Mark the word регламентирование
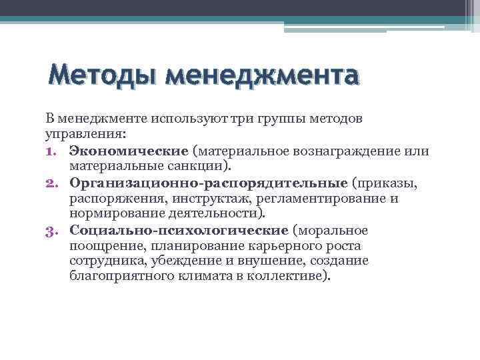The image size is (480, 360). (x=325, y=198)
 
